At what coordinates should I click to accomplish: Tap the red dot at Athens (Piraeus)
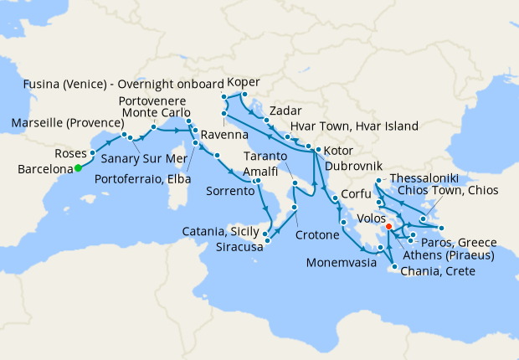[389, 227]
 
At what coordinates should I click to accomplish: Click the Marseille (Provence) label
[64, 125]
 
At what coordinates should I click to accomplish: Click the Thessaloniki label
[424, 180]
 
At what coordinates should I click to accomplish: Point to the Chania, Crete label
[439, 271]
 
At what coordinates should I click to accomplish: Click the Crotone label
[317, 236]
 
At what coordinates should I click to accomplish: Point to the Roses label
[70, 154]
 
